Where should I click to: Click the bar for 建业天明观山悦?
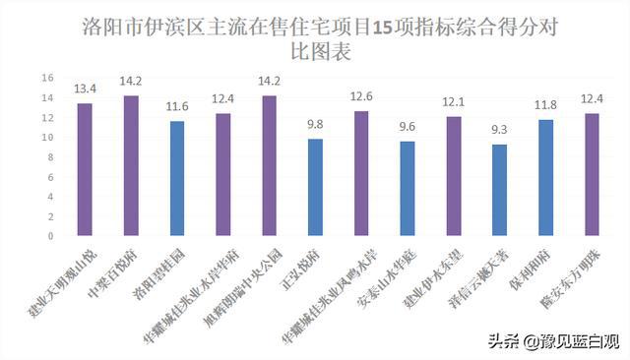[85, 169]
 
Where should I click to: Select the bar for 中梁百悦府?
[131, 165]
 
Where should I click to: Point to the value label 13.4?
[85, 90]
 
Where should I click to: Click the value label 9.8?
[315, 125]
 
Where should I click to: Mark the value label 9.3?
[500, 130]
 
